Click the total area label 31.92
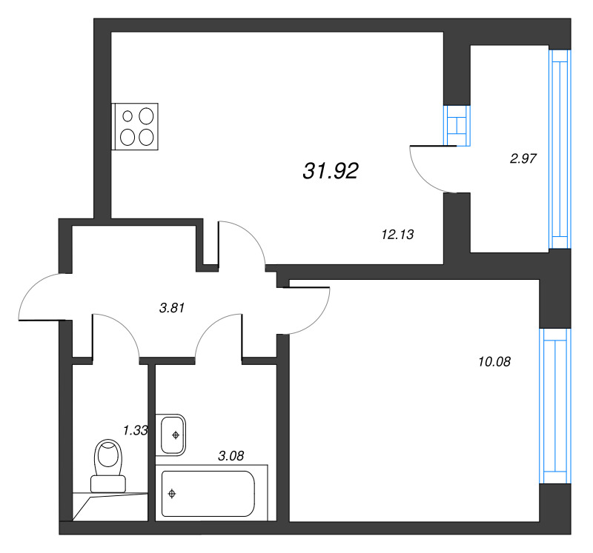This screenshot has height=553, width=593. click(331, 172)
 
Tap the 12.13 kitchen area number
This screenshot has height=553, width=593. click(397, 235)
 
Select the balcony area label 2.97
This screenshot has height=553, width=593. click(523, 157)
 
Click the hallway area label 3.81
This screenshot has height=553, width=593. click(171, 308)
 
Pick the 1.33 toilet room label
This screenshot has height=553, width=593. click(136, 430)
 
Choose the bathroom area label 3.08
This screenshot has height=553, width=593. click(231, 455)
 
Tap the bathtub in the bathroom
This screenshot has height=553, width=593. click(208, 493)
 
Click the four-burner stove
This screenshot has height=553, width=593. click(136, 126)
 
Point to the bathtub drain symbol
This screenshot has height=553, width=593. click(172, 493)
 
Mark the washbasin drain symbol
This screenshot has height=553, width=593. click(176, 435)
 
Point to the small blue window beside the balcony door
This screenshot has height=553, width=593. click(455, 126)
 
